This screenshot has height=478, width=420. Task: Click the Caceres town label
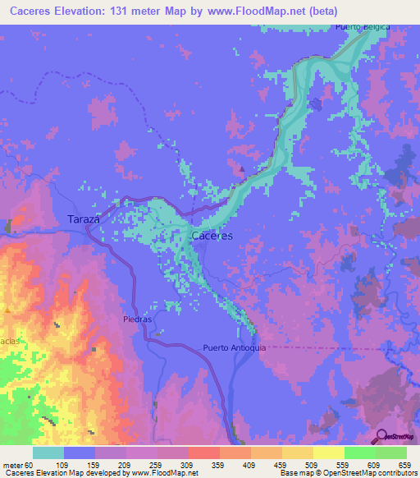click(212, 236)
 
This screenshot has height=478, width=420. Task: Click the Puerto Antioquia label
click(235, 348)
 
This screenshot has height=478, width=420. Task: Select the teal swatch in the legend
click(48, 453)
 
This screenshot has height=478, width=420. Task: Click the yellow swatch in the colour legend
click(328, 453)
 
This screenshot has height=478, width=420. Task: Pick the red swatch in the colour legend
click(203, 453)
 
